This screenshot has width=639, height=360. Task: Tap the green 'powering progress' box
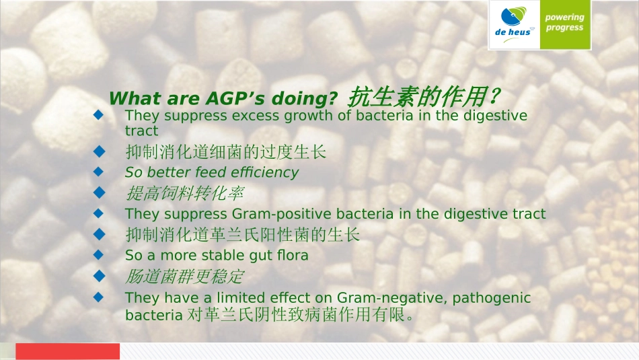click(565, 24)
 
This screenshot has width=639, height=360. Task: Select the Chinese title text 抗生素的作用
click(417, 97)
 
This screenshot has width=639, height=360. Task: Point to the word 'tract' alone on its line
click(141, 131)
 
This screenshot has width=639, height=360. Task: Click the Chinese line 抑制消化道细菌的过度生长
click(226, 152)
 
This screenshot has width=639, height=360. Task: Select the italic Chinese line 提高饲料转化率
click(184, 193)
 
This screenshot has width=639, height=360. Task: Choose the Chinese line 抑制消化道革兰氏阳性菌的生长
click(242, 235)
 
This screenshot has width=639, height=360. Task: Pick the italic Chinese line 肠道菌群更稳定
click(184, 277)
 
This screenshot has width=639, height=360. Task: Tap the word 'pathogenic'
click(492, 298)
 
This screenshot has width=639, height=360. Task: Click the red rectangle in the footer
click(68, 351)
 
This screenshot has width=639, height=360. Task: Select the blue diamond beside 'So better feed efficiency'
click(99, 172)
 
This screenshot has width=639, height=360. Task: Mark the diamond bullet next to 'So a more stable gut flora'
click(99, 255)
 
